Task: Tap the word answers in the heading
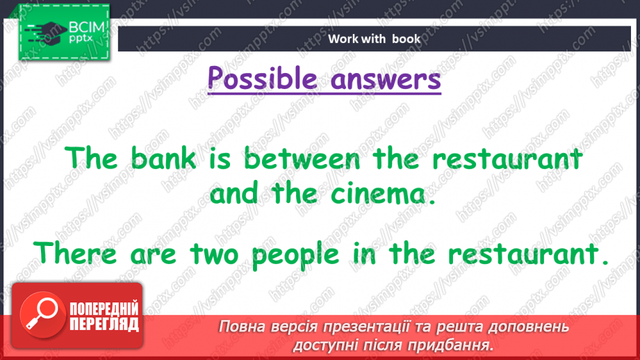(386, 79)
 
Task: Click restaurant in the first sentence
(506, 159)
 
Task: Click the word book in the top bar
(406, 39)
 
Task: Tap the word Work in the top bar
(343, 39)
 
